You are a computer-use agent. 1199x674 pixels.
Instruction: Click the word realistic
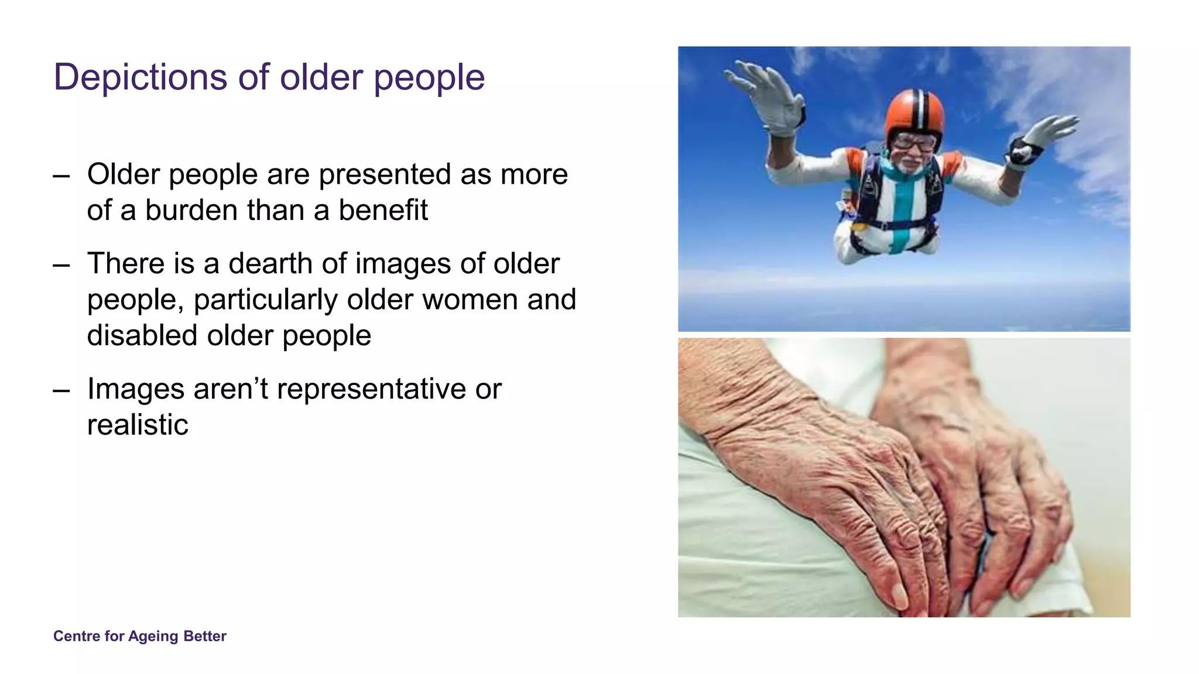[x=138, y=425]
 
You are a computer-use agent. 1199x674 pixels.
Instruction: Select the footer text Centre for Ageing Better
[x=139, y=636]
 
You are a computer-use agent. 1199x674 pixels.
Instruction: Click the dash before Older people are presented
[x=61, y=175]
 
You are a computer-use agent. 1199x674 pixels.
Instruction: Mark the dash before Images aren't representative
[x=61, y=390]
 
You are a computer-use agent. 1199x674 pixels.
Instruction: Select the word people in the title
[x=429, y=78]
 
